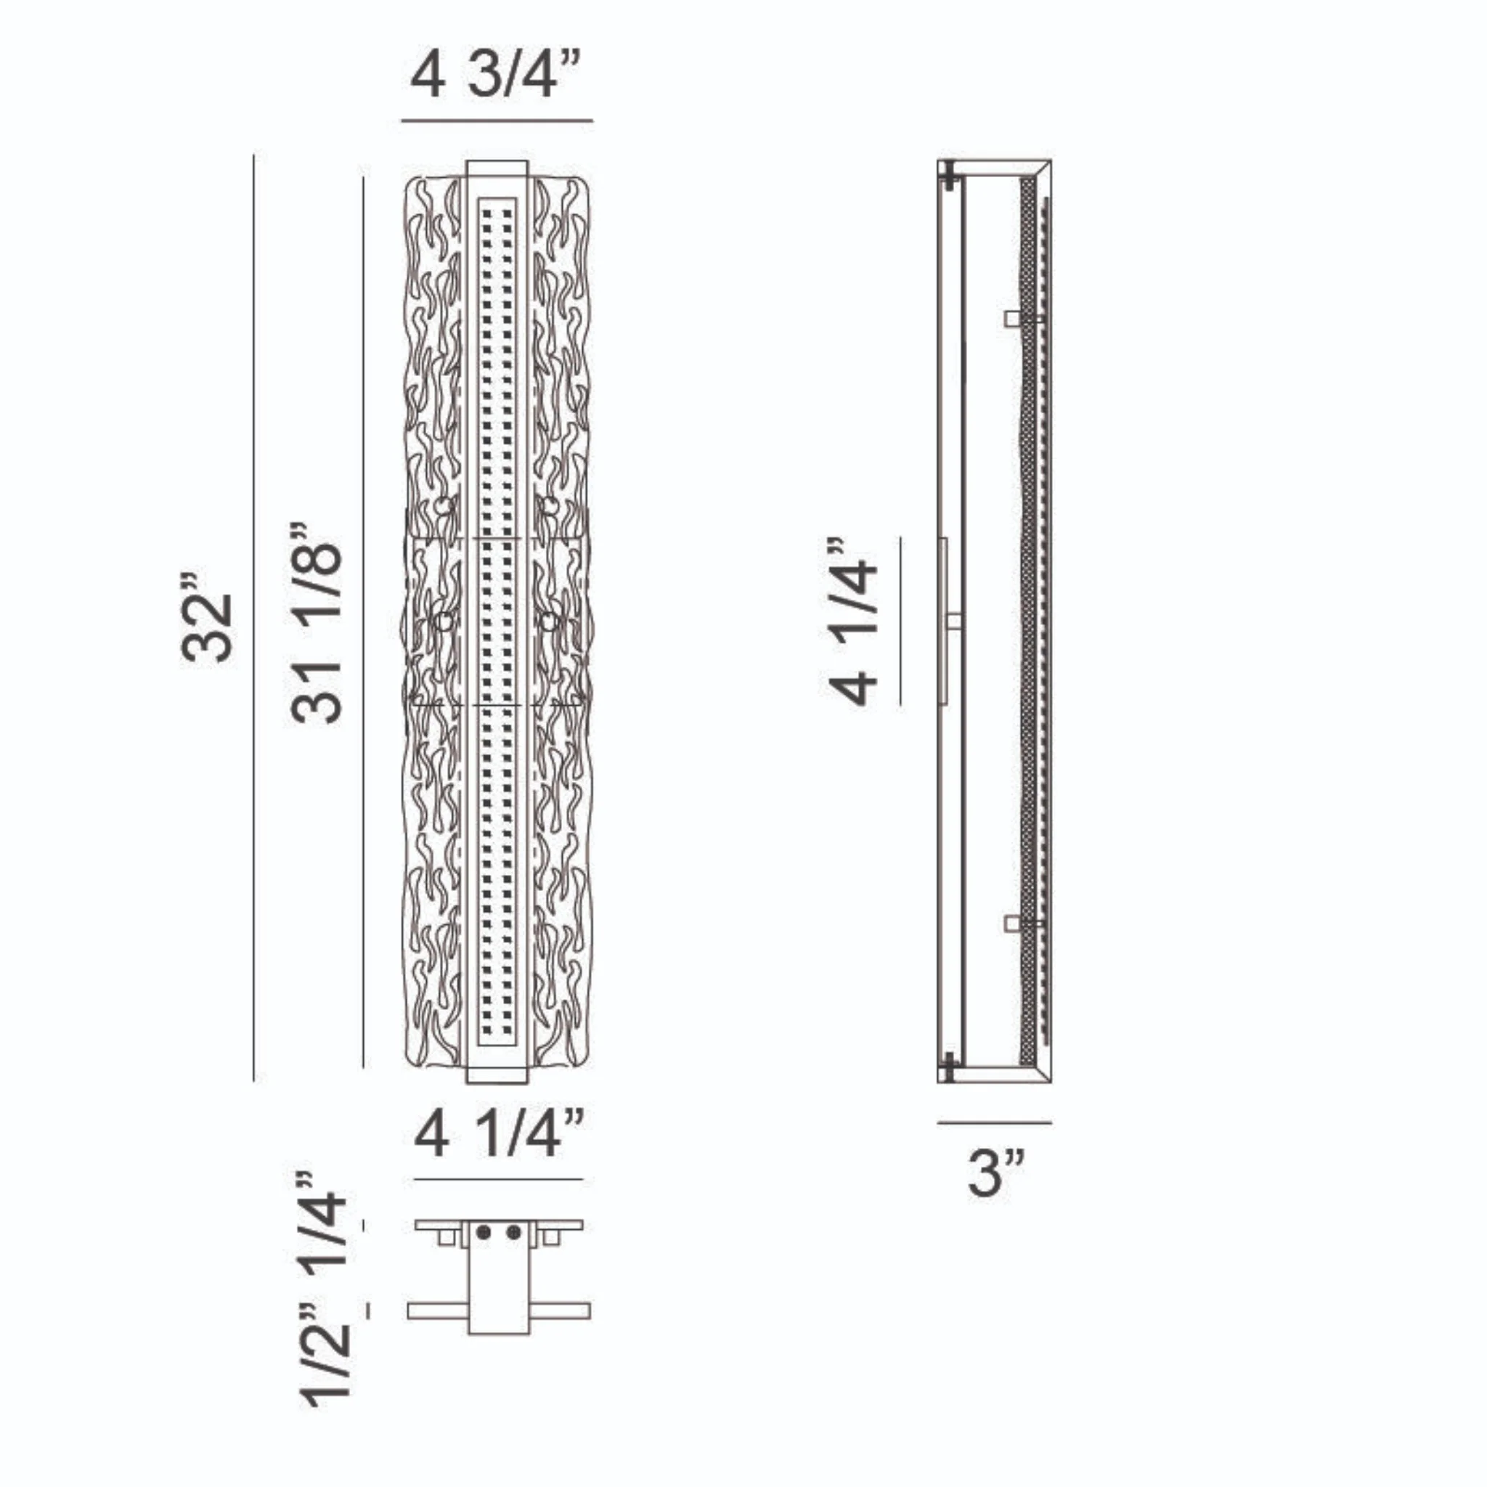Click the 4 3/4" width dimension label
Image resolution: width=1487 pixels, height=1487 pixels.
coord(497,76)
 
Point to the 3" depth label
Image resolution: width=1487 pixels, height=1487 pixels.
coord(996,1173)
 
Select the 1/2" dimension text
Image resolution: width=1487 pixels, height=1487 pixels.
coord(325,1361)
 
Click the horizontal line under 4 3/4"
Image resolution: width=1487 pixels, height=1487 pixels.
coord(497,121)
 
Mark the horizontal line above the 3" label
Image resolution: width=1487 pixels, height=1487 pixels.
coord(995,1123)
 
